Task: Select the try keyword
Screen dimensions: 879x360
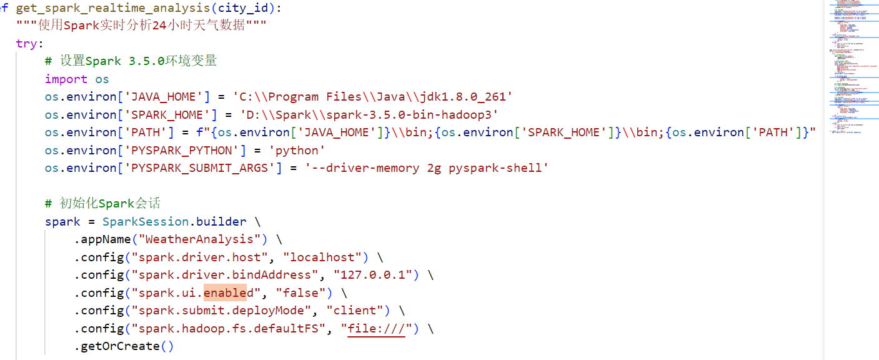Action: click(x=27, y=44)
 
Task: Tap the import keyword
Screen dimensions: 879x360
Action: click(x=66, y=79)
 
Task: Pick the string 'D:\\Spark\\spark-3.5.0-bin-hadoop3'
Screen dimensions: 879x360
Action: click(x=365, y=115)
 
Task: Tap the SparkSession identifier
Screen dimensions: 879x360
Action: click(x=145, y=222)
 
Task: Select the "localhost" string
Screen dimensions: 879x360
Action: click(x=323, y=257)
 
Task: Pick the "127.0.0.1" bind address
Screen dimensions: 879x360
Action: click(x=372, y=275)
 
